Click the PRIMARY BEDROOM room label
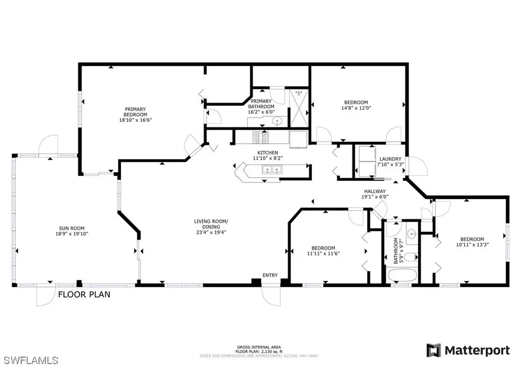pyautogui.click(x=135, y=112)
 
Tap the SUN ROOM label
pyautogui.click(x=72, y=228)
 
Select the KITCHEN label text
pyautogui.click(x=268, y=152)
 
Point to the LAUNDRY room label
pyautogui.click(x=390, y=159)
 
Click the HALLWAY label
pyautogui.click(x=375, y=191)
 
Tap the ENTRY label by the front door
pyautogui.click(x=270, y=275)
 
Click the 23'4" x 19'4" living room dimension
pyautogui.click(x=211, y=232)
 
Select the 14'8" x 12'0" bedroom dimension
pyautogui.click(x=356, y=108)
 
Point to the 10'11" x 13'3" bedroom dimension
pyautogui.click(x=472, y=245)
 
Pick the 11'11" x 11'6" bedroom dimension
pyautogui.click(x=323, y=254)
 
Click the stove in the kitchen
pyautogui.click(x=261, y=138)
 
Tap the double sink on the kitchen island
pyautogui.click(x=272, y=170)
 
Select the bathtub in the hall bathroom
pyautogui.click(x=402, y=275)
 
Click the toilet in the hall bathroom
pyautogui.click(x=412, y=257)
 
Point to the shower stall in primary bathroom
pyautogui.click(x=299, y=108)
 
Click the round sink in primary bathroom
pyautogui.click(x=277, y=121)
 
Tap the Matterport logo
pyautogui.click(x=468, y=350)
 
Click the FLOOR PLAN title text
pyautogui.click(x=84, y=294)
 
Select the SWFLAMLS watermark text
pyautogui.click(x=29, y=360)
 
